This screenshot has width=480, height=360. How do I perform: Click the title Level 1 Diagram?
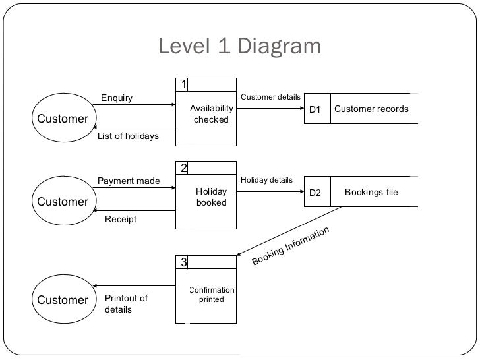tap(239, 46)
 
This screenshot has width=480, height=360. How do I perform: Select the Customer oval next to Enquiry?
tap(63, 119)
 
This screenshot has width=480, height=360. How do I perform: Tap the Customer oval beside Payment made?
tap(63, 202)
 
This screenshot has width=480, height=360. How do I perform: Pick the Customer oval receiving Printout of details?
tap(63, 300)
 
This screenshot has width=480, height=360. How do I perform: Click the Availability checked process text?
tap(211, 114)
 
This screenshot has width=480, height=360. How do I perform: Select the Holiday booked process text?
tap(211, 197)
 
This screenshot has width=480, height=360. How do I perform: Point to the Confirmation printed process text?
tap(211, 295)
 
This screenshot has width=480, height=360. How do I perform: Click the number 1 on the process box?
tap(183, 84)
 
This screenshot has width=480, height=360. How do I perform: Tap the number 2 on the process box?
tap(183, 168)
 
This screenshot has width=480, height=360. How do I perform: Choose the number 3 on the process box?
tap(183, 262)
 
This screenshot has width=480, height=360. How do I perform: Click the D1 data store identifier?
tap(315, 109)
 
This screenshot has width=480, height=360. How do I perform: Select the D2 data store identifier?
tap(315, 193)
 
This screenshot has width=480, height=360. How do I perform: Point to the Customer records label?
tap(371, 109)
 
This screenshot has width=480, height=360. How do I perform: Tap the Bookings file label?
tap(371, 193)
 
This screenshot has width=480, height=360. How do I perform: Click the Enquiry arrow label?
tap(117, 98)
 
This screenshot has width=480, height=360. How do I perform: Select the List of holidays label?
tap(128, 136)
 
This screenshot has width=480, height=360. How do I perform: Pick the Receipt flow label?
tap(121, 220)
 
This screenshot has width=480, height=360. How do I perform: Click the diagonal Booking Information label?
tap(290, 247)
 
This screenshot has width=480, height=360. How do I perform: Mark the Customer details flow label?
tap(270, 97)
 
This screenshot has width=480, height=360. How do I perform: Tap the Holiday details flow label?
tap(266, 180)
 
